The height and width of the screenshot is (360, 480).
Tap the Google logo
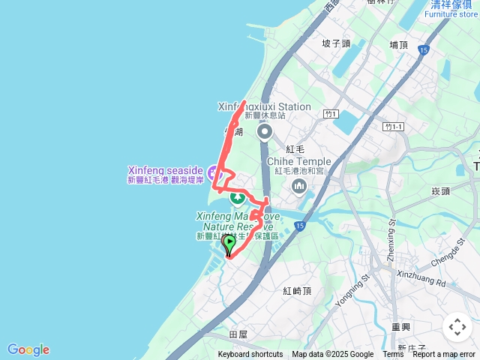tap(28, 349)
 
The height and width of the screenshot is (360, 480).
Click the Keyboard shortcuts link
tap(250, 355)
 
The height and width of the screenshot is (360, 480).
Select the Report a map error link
tap(444, 355)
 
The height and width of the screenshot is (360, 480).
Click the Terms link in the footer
tap(393, 355)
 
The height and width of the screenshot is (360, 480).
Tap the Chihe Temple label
tap(298, 160)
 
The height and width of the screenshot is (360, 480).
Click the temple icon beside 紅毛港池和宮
tap(300, 185)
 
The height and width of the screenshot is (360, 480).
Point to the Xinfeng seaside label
tap(165, 170)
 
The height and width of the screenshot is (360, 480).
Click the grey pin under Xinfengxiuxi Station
tap(265, 133)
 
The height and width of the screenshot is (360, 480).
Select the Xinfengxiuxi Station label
tap(264, 106)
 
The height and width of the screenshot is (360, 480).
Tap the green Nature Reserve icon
tap(237, 198)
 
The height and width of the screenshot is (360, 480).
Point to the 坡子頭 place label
tap(335, 43)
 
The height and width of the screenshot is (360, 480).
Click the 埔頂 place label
tap(399, 45)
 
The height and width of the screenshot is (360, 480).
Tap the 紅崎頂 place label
tap(298, 290)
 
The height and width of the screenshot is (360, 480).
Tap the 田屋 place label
tap(238, 334)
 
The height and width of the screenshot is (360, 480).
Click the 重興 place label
tap(400, 327)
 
